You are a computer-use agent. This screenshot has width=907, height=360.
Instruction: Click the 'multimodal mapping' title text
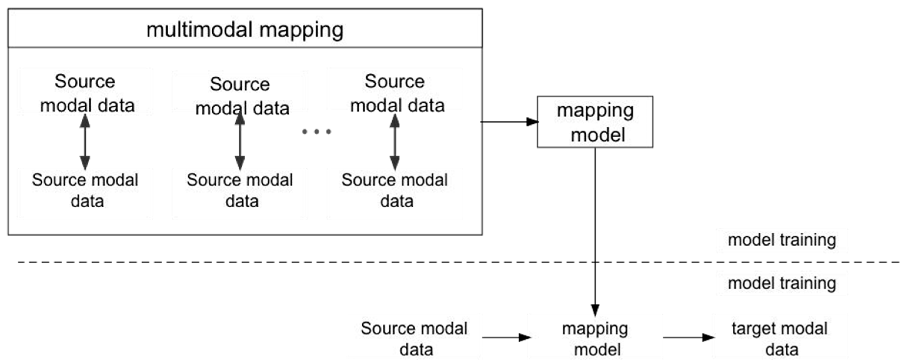[x=245, y=30]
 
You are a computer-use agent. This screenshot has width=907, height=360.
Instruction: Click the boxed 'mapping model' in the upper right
[x=595, y=122]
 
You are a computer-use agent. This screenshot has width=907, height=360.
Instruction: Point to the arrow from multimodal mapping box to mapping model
[x=509, y=122]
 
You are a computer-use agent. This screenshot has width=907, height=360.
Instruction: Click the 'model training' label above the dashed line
[x=782, y=240]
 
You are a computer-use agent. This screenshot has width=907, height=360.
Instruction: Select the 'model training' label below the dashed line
[x=782, y=283]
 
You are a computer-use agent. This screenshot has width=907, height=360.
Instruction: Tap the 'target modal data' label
[x=779, y=339]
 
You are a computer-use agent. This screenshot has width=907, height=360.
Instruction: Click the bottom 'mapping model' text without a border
[x=595, y=339]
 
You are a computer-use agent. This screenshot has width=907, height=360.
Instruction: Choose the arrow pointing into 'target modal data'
[x=688, y=337]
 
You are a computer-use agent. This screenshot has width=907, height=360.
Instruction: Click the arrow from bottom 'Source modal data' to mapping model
[x=506, y=337]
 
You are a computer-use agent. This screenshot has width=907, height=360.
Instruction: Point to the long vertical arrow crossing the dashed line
[x=595, y=229]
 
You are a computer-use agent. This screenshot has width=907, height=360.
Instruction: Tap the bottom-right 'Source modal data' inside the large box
[x=395, y=190]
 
